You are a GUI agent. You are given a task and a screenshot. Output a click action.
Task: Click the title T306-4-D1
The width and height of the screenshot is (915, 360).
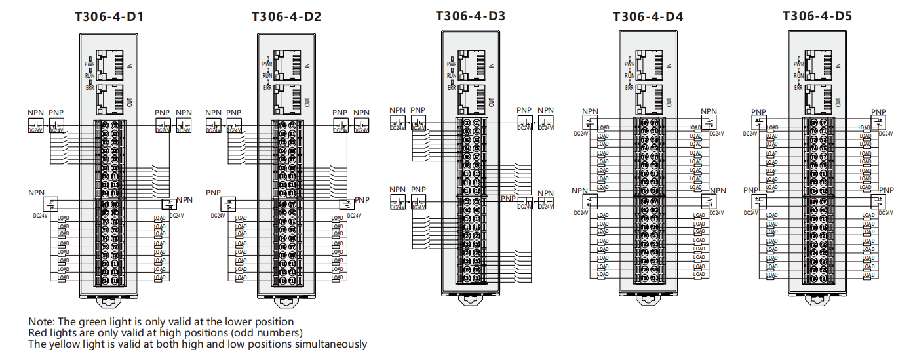(x=109, y=17)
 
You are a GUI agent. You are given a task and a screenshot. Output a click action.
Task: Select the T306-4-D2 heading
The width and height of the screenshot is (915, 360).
(x=286, y=17)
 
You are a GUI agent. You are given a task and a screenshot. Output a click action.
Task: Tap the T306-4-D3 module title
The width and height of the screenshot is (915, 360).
(x=471, y=16)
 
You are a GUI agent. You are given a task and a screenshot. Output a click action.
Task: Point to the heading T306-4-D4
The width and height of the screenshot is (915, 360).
(x=648, y=17)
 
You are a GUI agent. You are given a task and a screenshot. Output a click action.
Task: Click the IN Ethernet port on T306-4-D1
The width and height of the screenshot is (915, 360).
(x=109, y=64)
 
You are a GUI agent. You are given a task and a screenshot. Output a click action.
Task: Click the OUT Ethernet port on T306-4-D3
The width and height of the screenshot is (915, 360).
(x=472, y=98)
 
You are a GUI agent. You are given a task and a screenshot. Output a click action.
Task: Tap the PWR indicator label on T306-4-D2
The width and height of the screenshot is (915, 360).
(x=267, y=64)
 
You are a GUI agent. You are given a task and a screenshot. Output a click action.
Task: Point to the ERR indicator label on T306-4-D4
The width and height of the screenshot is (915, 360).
(x=629, y=87)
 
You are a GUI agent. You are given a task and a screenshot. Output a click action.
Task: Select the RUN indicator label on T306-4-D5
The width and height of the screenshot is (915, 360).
(x=798, y=75)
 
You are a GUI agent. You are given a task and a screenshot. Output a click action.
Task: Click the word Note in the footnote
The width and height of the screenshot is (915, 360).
(x=41, y=322)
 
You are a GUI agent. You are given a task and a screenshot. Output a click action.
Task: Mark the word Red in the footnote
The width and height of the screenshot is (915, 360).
(x=38, y=333)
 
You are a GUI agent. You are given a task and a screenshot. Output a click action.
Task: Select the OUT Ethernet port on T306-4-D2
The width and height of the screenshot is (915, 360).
(x=286, y=100)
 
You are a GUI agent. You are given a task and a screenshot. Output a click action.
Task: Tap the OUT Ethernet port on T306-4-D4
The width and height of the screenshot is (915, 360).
(x=648, y=100)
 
